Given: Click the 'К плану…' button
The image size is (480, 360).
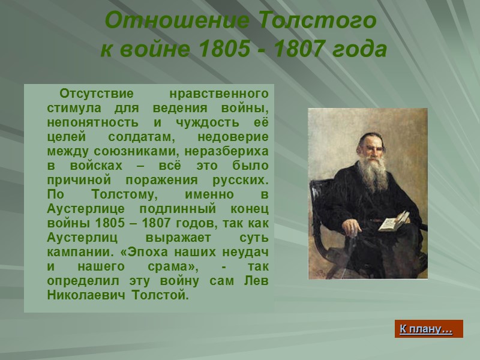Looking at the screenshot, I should point(428,329).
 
